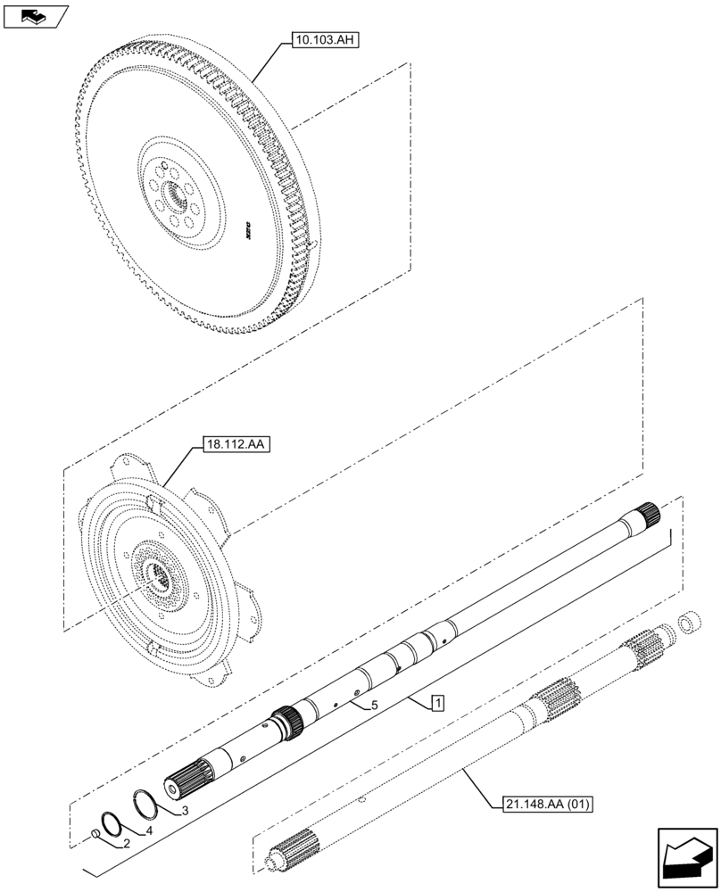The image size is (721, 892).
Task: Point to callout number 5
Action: click(x=374, y=705)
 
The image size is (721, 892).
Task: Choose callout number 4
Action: click(x=150, y=830)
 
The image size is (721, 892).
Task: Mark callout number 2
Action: click(x=127, y=842)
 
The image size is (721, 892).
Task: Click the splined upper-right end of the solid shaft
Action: click(x=648, y=515)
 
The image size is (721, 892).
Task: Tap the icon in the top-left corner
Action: click(x=35, y=16)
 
